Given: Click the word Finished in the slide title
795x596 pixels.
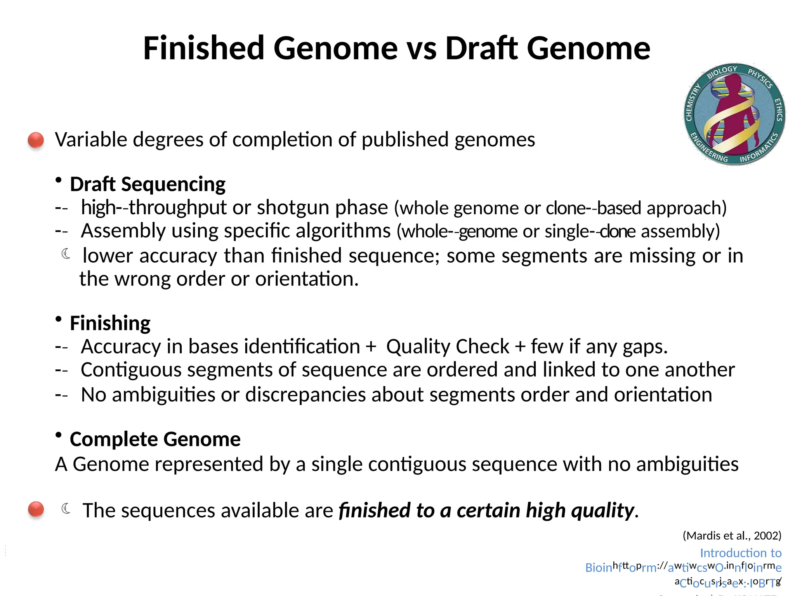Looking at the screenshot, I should [x=204, y=48].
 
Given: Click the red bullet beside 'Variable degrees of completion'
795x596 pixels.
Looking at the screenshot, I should [x=36, y=140].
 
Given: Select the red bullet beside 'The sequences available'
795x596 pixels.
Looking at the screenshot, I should [x=36, y=509].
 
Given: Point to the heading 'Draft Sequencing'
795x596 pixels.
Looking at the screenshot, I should [x=148, y=184].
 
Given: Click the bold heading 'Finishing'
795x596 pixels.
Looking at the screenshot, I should [x=110, y=323].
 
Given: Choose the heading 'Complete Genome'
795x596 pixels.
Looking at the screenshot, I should [x=155, y=439].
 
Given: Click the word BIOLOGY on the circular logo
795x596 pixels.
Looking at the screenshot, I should [x=722, y=71].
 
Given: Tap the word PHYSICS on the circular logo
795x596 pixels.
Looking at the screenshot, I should [x=760, y=78].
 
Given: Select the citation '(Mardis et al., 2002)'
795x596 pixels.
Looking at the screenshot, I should [x=732, y=536].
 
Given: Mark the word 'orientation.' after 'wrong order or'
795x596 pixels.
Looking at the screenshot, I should [x=307, y=279].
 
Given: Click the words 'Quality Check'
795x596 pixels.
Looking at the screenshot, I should [x=448, y=347].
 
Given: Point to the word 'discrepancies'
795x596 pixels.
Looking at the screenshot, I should [x=306, y=395].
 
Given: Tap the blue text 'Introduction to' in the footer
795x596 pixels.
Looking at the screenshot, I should [x=740, y=553].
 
